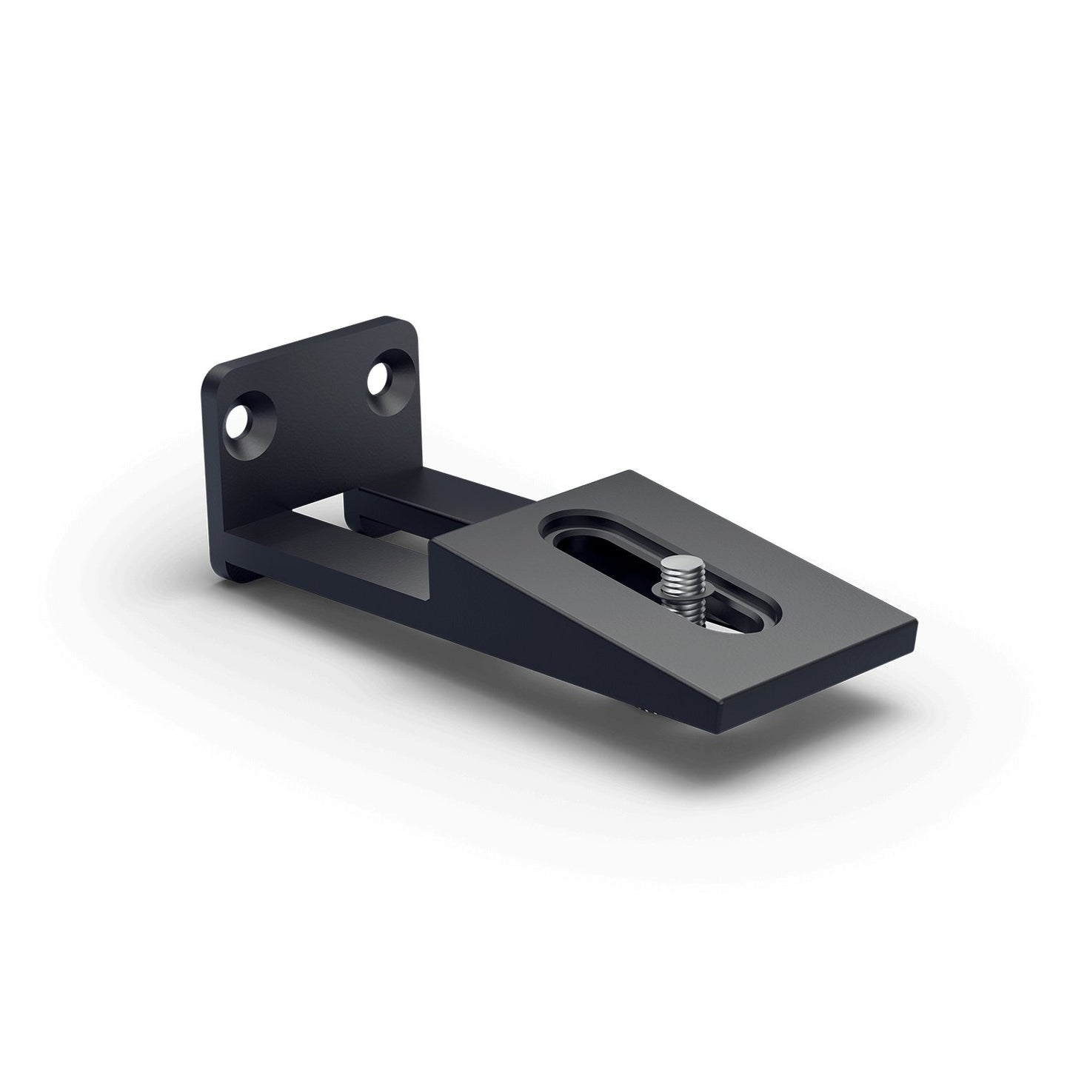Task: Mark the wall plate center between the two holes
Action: (311, 404)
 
